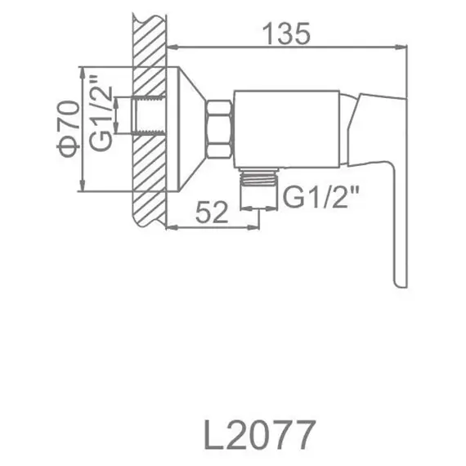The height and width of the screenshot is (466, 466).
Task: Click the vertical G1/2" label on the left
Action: click(99, 114)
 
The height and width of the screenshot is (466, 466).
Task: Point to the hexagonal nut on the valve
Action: click(219, 128)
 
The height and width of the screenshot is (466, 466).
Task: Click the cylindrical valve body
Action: click(286, 127)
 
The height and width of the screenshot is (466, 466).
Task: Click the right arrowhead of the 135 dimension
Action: click(402, 47)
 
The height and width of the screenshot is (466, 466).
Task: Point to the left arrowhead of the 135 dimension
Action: click(173, 47)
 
